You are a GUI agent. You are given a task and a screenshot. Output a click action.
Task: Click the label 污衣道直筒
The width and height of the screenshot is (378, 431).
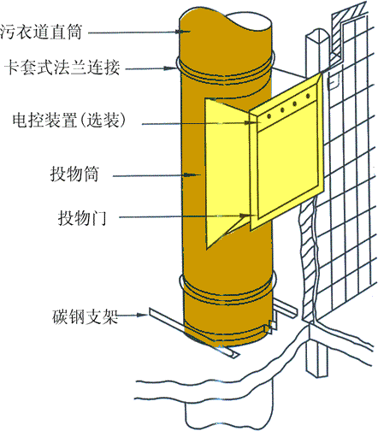pos(41,32)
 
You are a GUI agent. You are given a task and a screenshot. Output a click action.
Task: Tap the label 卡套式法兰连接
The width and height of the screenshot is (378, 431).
pos(62,68)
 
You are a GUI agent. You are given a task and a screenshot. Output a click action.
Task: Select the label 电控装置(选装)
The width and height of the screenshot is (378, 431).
pos(69,120)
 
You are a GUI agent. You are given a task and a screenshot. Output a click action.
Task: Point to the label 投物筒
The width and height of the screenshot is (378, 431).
pos(74,174)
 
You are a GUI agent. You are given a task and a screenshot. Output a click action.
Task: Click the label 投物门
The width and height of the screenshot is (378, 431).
pos(82,218)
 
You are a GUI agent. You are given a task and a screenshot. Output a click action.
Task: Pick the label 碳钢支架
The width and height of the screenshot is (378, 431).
pos(85,316)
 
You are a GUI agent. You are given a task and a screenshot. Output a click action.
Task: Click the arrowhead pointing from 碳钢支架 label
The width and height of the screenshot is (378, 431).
pos(142,315)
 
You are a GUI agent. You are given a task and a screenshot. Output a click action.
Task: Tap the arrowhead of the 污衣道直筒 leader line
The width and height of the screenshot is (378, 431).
pos(184,32)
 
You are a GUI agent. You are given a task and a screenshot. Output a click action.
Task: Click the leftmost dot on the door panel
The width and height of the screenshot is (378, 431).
pos(269,116)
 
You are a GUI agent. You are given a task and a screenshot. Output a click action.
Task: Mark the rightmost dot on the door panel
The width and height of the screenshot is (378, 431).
pos(308,96)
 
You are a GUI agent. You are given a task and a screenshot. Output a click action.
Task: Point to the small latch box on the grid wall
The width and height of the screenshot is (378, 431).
pos(333,82)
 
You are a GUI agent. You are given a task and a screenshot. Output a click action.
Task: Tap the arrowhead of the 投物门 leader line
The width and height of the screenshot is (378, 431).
pos(247,215)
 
